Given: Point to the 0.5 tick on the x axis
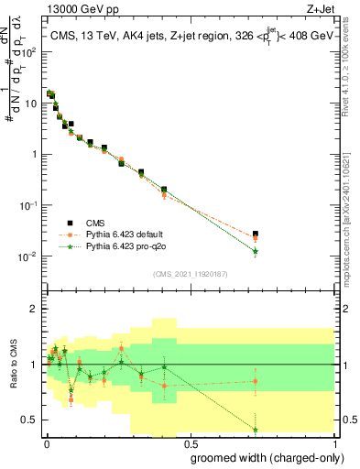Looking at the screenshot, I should (x=189, y=442).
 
